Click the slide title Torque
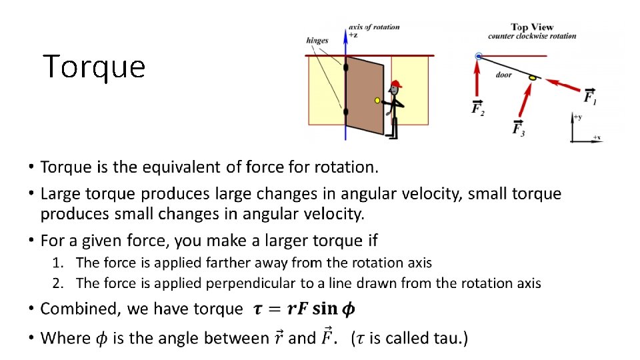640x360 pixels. pos(94,67)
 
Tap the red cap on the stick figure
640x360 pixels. pos(395,84)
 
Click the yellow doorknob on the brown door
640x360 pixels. pos(377,101)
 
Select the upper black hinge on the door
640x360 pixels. pos(346,67)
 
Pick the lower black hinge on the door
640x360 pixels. pos(345,111)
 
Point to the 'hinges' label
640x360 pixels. pos(317,41)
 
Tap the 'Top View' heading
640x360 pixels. pos(528,27)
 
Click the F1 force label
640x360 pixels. pos(590,97)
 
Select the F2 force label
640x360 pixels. pos(478,108)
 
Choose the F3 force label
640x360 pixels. pos(518,128)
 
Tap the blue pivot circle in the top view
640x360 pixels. pos(478,56)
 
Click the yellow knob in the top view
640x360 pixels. pos(532,78)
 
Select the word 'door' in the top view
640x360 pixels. pos(503,75)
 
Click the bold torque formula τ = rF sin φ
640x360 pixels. pos(304,309)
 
